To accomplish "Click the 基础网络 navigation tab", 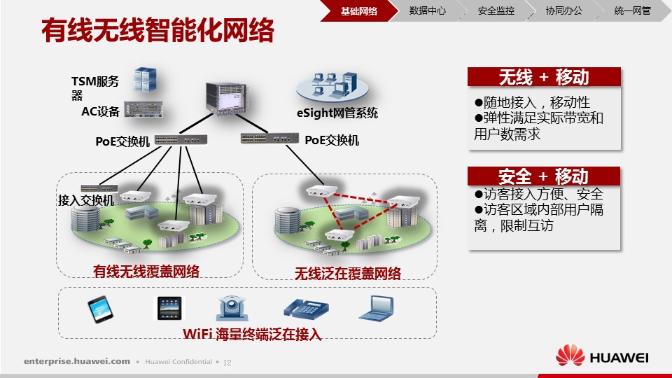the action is pyautogui.click(x=359, y=10).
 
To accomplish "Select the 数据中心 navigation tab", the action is pyautogui.click(x=427, y=10).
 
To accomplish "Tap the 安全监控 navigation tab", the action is pyautogui.click(x=496, y=10).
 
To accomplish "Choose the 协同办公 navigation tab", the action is pyautogui.click(x=564, y=10).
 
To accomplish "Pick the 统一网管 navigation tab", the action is pyautogui.click(x=633, y=10).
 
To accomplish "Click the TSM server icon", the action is pyautogui.click(x=145, y=79).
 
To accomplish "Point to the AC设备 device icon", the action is pyautogui.click(x=143, y=109).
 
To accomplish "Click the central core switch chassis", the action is pyautogui.click(x=226, y=99).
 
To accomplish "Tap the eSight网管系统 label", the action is pyautogui.click(x=337, y=113).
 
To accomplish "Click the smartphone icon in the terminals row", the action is pyautogui.click(x=100, y=309).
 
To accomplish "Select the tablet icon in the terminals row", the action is pyautogui.click(x=169, y=308).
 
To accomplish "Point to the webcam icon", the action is pyautogui.click(x=232, y=308).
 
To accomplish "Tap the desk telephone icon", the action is pyautogui.click(x=306, y=309).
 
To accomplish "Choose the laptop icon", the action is pyautogui.click(x=377, y=309).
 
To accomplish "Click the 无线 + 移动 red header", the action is pyautogui.click(x=544, y=77).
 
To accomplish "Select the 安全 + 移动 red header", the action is pyautogui.click(x=544, y=176).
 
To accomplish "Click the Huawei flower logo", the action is pyautogui.click(x=570, y=356).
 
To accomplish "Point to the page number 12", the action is pyautogui.click(x=227, y=363).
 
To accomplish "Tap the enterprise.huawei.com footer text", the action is pyautogui.click(x=77, y=361).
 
